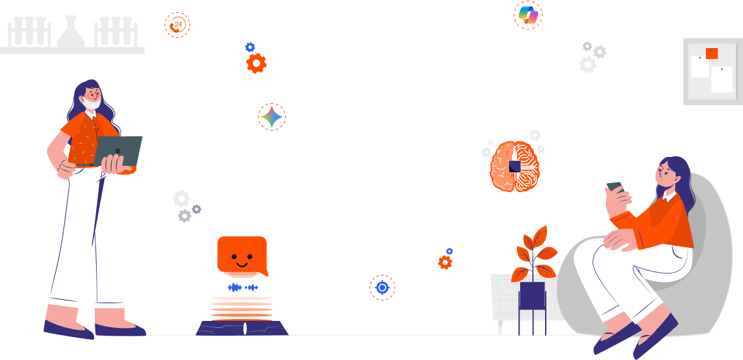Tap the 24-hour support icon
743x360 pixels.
click(x=177, y=25)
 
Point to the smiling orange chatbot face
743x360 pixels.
click(x=242, y=255)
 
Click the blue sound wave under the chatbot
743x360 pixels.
click(x=243, y=288)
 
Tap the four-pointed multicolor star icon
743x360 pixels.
click(x=272, y=117)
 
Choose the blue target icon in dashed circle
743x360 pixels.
click(x=382, y=288)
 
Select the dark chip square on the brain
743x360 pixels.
click(x=515, y=166)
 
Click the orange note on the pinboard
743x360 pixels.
click(x=712, y=53)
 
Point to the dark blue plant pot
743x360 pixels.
click(x=532, y=295)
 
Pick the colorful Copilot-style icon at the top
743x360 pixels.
click(x=528, y=15)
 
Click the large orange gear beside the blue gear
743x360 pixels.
click(x=256, y=63)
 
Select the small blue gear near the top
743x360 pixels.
click(x=250, y=47)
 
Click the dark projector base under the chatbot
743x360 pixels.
click(x=243, y=328)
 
